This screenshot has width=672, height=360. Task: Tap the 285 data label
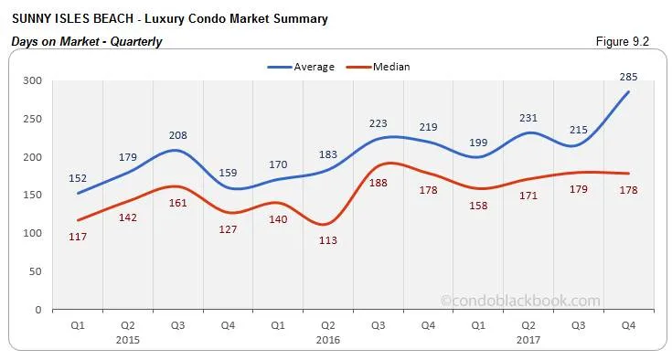(629, 77)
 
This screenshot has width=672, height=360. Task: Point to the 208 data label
(177, 135)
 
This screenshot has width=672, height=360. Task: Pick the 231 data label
(528, 118)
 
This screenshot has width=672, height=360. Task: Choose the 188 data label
(378, 184)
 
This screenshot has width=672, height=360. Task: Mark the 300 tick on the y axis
(33, 80)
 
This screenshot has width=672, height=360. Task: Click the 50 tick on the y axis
(36, 271)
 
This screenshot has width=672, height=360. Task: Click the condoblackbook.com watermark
(520, 300)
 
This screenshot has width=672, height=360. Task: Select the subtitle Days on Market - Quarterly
(86, 41)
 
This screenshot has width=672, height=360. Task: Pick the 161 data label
(177, 203)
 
